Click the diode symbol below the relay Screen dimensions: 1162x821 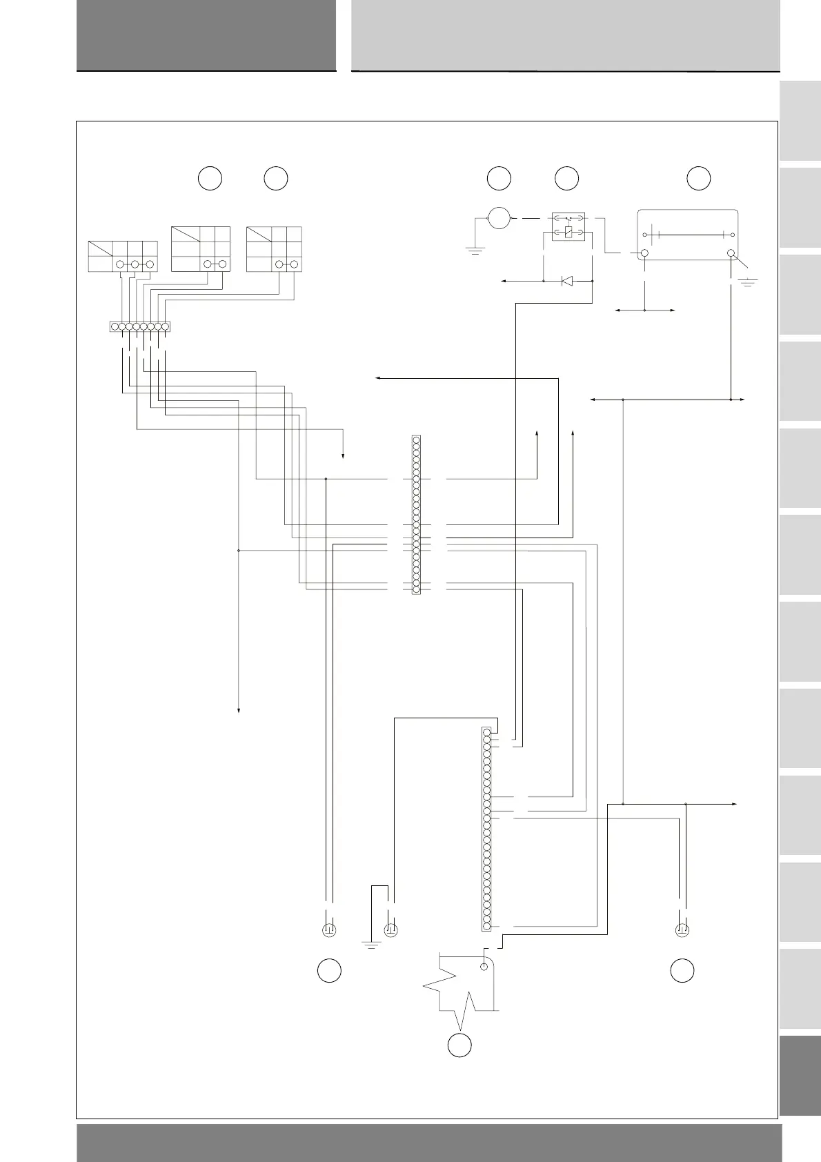tap(567, 281)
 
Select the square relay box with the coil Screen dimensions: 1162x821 tap(568, 227)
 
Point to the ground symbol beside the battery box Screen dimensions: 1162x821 tap(748, 281)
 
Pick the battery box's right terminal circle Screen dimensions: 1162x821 tap(731, 255)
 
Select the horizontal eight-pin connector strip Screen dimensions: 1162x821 tap(139, 326)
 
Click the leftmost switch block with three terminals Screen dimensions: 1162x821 tap(123, 256)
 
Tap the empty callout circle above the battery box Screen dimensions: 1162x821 tap(698, 178)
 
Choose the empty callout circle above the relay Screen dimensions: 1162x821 tap(566, 178)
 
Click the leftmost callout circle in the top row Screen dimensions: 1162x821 tap(210, 178)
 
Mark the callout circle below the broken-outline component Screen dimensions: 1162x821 tap(459, 1045)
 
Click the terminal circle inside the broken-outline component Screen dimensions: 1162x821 tap(484, 967)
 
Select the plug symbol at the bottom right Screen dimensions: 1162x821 tap(682, 929)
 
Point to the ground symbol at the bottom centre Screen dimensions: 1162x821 tap(372, 944)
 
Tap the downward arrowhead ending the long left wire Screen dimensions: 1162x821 tap(239, 710)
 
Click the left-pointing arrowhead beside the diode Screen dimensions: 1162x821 tap(504, 281)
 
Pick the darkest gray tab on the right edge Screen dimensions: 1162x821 tap(800, 1076)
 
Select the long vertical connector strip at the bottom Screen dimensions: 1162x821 tap(486, 829)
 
